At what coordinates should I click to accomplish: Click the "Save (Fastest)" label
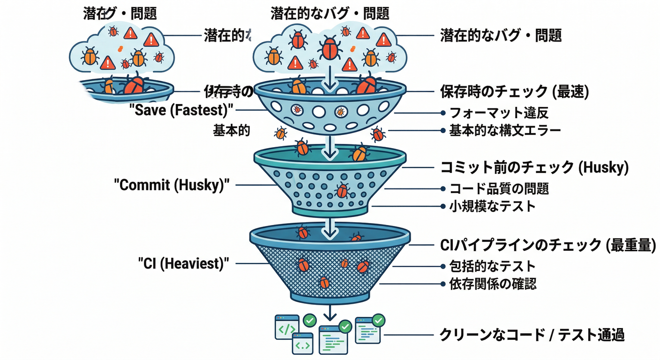point(184,111)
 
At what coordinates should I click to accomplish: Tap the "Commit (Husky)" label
point(172,185)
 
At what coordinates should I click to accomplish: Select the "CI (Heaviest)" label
point(184,263)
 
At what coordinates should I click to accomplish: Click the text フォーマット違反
point(499,113)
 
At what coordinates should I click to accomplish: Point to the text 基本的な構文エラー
point(505,130)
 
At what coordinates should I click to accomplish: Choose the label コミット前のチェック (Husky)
point(534,167)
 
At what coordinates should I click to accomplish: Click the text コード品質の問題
point(499,189)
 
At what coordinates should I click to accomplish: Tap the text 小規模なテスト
point(492,206)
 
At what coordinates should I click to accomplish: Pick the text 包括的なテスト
point(492,266)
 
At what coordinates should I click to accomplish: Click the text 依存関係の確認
point(493,284)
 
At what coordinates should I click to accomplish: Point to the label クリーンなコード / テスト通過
point(532,335)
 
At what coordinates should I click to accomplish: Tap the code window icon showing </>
point(286,327)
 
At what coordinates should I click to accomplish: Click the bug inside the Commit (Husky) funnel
point(342,190)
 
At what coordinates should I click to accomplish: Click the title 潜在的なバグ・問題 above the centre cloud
point(330,13)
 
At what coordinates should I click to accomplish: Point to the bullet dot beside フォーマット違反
point(442,113)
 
